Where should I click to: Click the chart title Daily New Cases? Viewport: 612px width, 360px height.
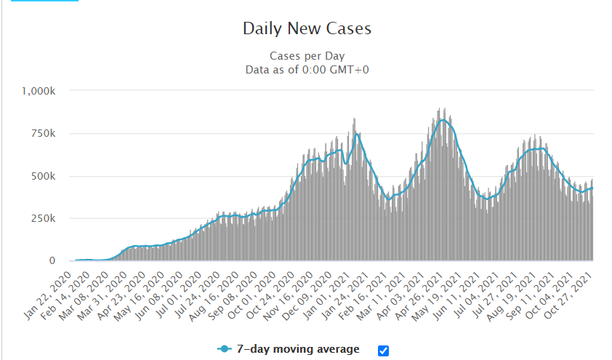coord(307,29)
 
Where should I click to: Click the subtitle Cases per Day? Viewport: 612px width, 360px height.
coord(307,56)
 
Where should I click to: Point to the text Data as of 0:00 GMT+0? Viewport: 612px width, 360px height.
coord(307,70)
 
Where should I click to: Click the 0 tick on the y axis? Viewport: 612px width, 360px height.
coord(52,260)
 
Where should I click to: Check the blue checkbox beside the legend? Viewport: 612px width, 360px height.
coord(384,351)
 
